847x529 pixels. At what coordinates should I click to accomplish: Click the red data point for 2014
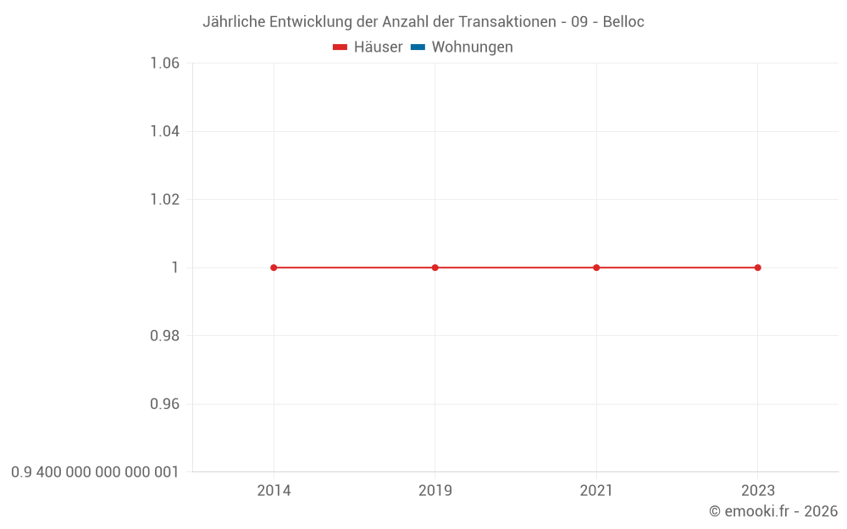coord(274,267)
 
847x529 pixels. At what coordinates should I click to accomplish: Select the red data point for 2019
coord(435,267)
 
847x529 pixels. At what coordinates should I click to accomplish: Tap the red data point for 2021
coord(596,267)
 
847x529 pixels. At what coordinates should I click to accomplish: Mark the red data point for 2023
coord(757,267)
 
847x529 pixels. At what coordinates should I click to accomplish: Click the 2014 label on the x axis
coord(274,490)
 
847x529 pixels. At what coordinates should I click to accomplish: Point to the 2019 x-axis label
coord(435,490)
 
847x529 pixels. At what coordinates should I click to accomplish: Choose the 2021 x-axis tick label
coord(596,490)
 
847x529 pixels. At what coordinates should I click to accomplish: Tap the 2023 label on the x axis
coord(757,490)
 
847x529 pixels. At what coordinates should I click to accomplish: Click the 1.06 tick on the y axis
coord(164,63)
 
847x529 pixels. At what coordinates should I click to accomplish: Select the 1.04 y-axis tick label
coord(164,131)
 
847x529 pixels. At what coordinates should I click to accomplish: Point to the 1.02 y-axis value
coord(164,200)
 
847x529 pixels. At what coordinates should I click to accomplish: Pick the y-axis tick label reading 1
coord(175,267)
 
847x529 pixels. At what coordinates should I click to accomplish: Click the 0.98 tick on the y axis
coord(164,336)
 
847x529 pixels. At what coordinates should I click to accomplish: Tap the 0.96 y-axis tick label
coord(164,404)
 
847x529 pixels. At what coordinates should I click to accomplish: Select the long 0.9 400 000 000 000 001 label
coord(95,471)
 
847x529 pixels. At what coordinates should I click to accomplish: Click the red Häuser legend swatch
coord(340,47)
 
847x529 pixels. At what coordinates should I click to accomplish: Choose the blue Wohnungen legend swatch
coord(418,47)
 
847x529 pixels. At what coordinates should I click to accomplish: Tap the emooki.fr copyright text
coord(773,511)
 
